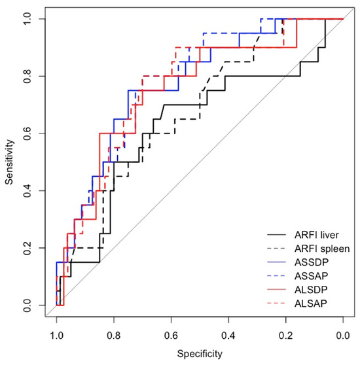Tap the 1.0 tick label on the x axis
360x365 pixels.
pos(57,335)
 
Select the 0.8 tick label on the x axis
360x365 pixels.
pos(114,335)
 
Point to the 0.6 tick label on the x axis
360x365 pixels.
pos(171,335)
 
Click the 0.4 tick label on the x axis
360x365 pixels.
pos(228,335)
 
